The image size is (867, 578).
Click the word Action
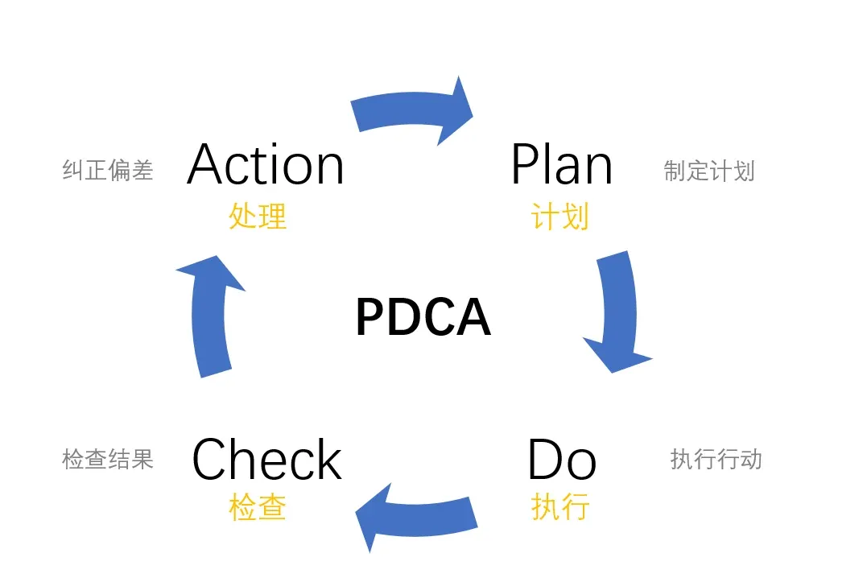(x=266, y=165)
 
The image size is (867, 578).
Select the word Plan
(x=561, y=165)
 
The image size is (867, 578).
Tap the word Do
(x=561, y=460)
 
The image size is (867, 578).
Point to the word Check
(x=266, y=460)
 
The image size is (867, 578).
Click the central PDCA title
(x=423, y=317)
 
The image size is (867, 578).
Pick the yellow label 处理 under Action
(x=258, y=217)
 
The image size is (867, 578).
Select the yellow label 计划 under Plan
(x=560, y=217)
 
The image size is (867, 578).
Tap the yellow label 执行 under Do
(x=560, y=507)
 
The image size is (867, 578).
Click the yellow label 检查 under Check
(x=258, y=507)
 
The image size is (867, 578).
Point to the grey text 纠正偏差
(x=108, y=170)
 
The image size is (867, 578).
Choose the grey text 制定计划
(x=709, y=171)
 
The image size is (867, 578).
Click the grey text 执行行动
(x=716, y=460)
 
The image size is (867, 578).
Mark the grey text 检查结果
(x=108, y=459)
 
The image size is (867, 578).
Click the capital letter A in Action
(x=208, y=165)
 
